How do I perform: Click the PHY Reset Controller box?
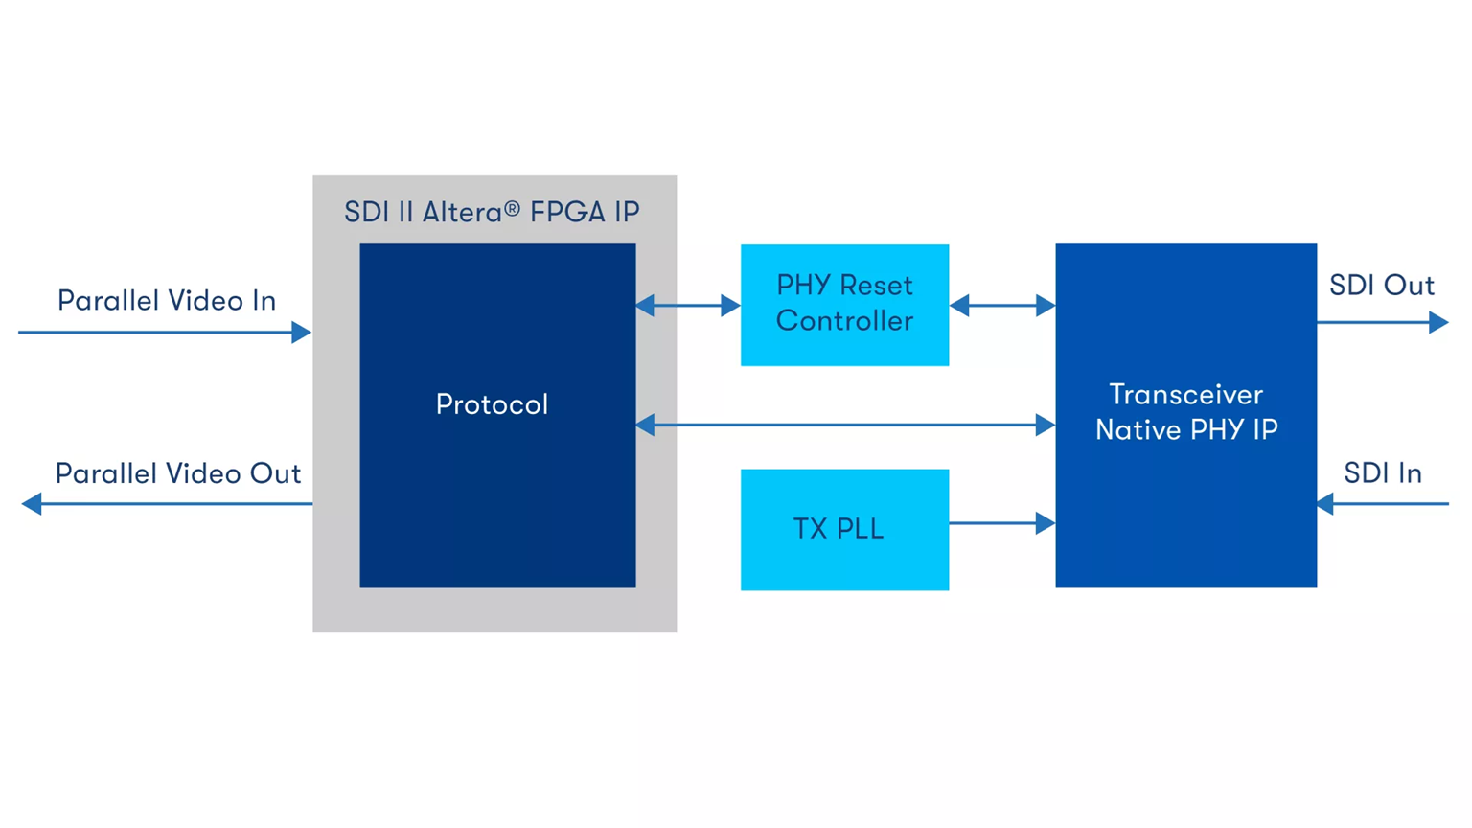844,304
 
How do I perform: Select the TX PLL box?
844,529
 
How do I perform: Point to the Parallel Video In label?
167,301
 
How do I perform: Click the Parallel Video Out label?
178,473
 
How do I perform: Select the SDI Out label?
1381,286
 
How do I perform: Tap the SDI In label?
1382,473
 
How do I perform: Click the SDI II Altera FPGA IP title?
492,212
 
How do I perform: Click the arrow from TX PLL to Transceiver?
997,523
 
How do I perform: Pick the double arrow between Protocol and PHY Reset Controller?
687,306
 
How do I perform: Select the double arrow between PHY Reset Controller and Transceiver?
1001,306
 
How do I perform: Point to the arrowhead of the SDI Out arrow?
1438,323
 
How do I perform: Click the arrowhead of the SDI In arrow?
1326,503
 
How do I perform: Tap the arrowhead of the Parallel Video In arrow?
301,333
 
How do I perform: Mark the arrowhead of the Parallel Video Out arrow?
33,503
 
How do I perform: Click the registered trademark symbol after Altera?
513,207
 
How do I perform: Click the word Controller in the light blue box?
844,321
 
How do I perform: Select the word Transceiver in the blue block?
1185,395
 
